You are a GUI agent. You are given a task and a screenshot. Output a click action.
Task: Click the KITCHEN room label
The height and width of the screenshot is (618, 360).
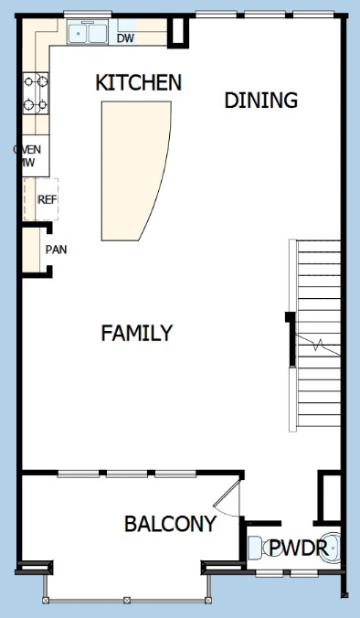point(139,83)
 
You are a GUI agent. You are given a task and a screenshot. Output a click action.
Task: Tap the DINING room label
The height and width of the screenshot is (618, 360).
point(260,101)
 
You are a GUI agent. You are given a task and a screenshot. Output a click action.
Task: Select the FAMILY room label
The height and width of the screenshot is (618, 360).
point(137,333)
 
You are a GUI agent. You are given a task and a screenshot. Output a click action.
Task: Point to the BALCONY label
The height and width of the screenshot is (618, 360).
point(170,524)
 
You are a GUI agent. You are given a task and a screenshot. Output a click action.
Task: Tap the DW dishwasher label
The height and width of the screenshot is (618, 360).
point(126,38)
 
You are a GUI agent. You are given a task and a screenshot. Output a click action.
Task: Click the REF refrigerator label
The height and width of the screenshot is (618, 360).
point(48,199)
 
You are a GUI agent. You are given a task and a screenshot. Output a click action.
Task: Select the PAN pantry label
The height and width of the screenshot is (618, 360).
point(57,250)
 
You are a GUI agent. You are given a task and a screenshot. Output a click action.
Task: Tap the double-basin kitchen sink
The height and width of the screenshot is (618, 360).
point(88,33)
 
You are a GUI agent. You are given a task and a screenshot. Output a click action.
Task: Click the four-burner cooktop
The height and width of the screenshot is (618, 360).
point(36,93)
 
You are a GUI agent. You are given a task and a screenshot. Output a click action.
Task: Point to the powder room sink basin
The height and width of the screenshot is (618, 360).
point(330,547)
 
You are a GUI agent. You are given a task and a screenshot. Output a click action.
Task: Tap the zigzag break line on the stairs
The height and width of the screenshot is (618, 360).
point(318,346)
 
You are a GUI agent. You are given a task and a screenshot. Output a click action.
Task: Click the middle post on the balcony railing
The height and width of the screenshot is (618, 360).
point(126,601)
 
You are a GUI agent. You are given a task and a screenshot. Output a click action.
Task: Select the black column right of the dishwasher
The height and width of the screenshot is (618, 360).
point(178,31)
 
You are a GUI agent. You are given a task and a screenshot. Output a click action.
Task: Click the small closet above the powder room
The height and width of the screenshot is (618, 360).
point(330,497)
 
